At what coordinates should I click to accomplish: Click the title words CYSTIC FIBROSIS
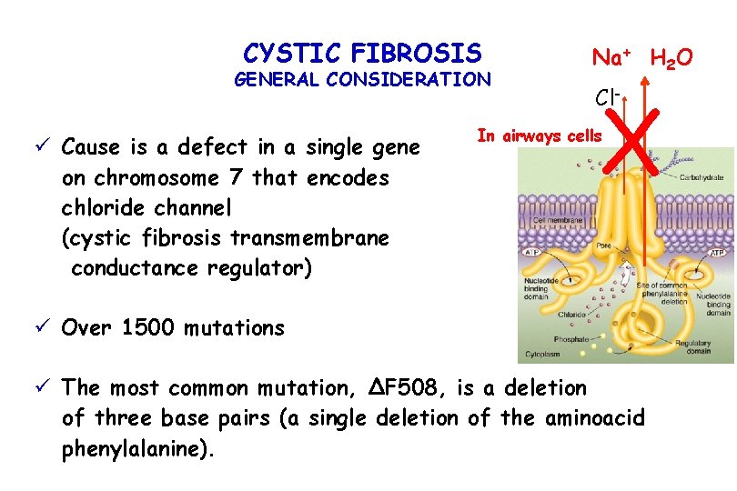(x=362, y=52)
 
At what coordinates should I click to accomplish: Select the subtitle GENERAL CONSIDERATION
(x=362, y=79)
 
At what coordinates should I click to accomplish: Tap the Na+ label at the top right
(x=613, y=57)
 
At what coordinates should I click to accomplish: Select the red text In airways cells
(x=539, y=136)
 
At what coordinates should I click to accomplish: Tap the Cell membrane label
(x=551, y=219)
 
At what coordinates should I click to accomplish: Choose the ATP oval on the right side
(x=717, y=252)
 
